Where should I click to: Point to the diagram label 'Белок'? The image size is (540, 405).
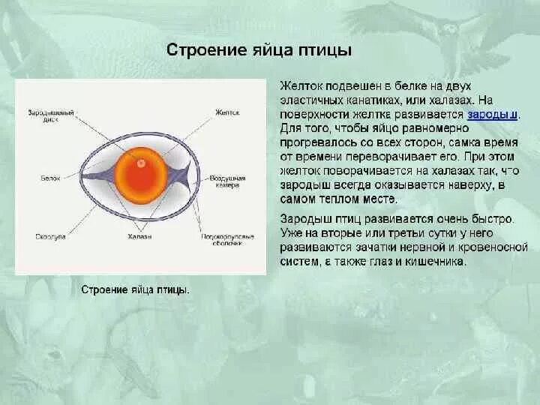(49, 179)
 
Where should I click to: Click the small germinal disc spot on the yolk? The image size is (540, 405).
(140, 163)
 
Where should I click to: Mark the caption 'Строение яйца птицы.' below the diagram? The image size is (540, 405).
(135, 289)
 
